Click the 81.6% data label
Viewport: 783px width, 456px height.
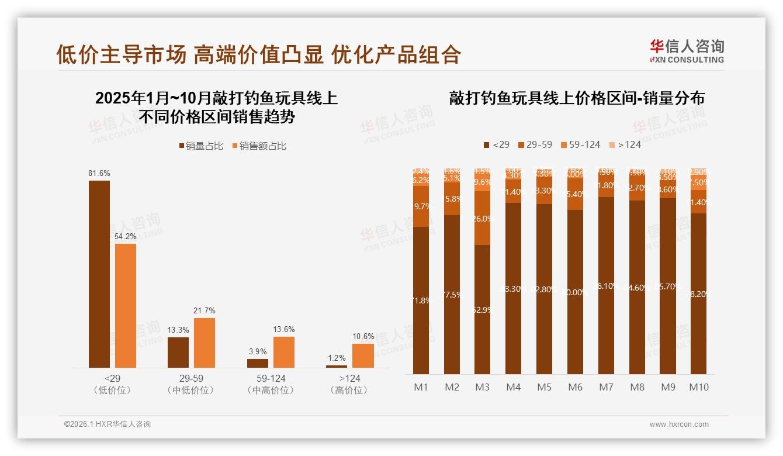tap(99, 173)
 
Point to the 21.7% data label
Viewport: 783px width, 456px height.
tap(205, 310)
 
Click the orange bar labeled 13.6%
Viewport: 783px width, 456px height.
tap(284, 352)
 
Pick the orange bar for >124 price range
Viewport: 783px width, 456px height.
tap(363, 355)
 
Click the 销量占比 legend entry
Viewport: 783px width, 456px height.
tap(201, 146)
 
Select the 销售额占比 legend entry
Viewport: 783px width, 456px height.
tap(259, 146)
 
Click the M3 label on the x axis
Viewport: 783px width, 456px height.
tap(483, 387)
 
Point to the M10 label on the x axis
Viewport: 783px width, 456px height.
tap(699, 387)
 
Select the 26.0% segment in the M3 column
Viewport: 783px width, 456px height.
tap(483, 218)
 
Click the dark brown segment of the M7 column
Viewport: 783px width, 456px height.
tap(607, 286)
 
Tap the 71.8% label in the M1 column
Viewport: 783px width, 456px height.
tap(421, 300)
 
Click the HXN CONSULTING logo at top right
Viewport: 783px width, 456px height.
tap(687, 51)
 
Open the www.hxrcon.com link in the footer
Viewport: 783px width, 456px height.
tap(679, 424)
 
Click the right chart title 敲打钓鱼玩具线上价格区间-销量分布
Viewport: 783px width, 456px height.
tap(577, 98)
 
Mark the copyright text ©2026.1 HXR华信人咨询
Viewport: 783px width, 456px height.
tap(108, 424)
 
